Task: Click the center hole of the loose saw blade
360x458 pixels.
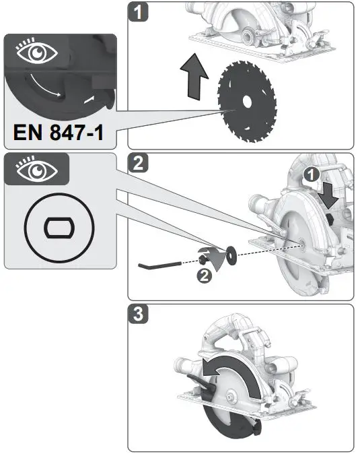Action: (246, 103)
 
